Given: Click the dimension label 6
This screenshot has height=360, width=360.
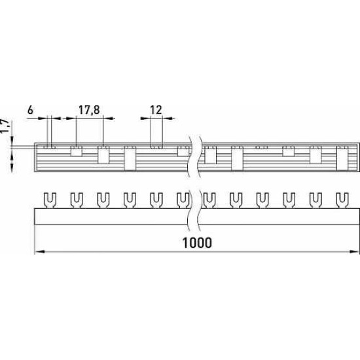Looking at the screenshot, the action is tap(30, 110).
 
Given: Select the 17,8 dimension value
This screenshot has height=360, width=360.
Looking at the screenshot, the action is tap(89, 110).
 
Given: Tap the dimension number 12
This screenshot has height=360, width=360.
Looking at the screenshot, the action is tap(156, 110).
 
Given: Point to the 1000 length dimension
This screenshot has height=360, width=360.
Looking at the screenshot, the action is tap(197, 243).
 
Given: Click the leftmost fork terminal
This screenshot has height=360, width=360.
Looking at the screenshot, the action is tap(50, 200).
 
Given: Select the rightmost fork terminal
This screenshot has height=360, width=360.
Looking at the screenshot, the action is tap(342, 200).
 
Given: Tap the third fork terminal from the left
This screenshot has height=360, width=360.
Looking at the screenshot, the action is tap(103, 200).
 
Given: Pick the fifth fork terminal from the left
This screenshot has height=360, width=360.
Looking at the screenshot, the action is tap(156, 200).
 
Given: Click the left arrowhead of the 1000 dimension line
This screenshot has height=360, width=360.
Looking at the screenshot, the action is tap(39, 252).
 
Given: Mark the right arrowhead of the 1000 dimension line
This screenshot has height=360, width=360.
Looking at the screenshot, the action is tap(355, 252).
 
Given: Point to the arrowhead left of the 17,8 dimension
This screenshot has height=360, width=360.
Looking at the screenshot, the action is tap(71, 118).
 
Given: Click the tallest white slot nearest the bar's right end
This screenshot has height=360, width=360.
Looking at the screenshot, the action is tap(342, 158).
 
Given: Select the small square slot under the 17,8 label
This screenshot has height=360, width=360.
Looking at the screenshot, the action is tap(77, 151).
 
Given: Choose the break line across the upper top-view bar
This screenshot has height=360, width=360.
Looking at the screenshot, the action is tap(194, 156).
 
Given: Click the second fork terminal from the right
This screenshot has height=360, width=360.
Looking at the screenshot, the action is tap(315, 200).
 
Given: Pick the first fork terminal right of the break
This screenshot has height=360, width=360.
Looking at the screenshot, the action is tap(209, 200).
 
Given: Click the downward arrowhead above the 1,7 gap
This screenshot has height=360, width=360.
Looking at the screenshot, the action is tap(12, 140).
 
